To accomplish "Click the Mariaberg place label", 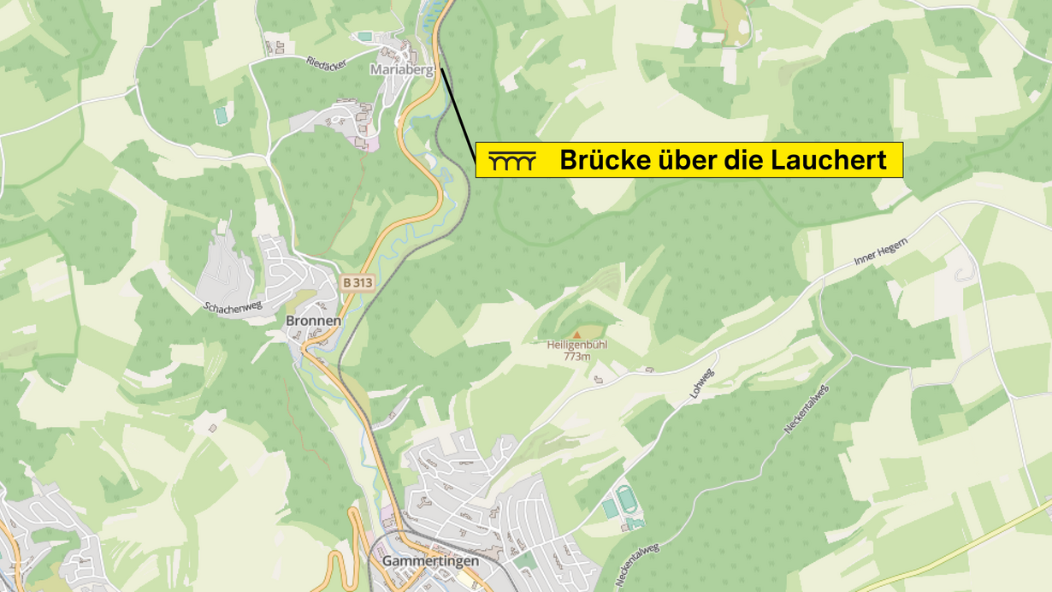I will click(x=401, y=69).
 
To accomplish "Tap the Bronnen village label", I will click(x=313, y=321).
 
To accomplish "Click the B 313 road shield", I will click(x=358, y=281).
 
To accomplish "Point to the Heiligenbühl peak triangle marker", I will click(x=576, y=334).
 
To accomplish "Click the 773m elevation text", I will click(x=576, y=357).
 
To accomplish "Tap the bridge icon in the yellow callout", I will click(x=511, y=161).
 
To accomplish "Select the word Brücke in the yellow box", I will click(x=603, y=160).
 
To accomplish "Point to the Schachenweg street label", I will click(x=233, y=306).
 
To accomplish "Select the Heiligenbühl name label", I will click(x=576, y=346).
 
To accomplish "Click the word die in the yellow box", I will click(x=741, y=160).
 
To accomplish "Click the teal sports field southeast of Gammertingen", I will click(x=625, y=497).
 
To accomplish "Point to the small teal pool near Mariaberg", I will click(x=365, y=36).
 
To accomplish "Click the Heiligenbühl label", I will click(x=576, y=346).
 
